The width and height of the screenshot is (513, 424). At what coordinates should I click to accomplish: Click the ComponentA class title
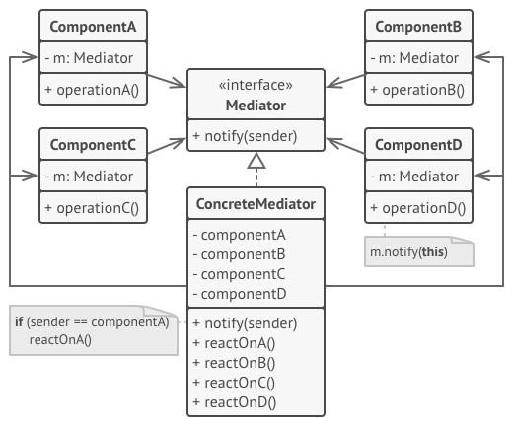click(93, 27)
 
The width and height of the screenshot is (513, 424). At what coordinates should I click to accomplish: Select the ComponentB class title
click(418, 27)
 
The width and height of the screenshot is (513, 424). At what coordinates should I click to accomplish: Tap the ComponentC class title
click(93, 145)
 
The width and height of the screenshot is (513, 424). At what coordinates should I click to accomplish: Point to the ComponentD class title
click(418, 145)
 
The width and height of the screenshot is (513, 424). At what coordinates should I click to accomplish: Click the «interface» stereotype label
click(256, 85)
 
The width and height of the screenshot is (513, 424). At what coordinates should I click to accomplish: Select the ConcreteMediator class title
click(256, 204)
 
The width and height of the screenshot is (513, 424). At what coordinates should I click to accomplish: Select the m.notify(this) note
click(419, 251)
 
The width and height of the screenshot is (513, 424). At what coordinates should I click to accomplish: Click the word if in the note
click(19, 321)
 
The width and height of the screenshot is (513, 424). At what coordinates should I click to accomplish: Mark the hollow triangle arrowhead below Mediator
click(256, 161)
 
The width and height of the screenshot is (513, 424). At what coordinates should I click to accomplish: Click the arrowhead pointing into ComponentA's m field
click(30, 57)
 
